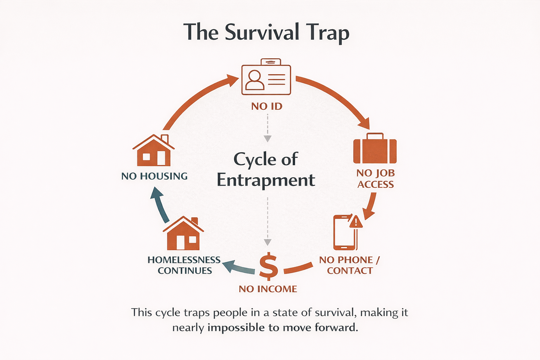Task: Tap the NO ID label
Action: (267, 106)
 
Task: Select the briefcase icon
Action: (375, 149)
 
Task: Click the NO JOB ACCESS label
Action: (375, 179)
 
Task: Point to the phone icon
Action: (344, 233)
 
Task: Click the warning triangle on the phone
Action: (356, 222)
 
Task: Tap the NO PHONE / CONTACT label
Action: (349, 265)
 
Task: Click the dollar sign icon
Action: (268, 266)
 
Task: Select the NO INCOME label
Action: (268, 289)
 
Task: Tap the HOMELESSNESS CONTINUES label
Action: (184, 265)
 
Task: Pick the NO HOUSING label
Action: (154, 176)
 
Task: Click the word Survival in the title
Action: (262, 32)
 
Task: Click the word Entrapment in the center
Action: (266, 180)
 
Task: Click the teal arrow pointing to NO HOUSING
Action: (160, 204)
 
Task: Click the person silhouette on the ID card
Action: (255, 80)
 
